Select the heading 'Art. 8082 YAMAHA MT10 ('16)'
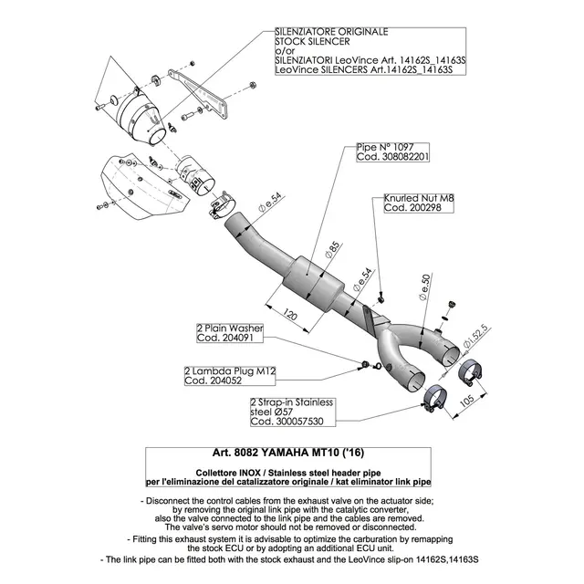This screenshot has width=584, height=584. (x=291, y=453)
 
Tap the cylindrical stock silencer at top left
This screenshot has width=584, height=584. (x=145, y=115)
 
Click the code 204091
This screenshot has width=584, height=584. (x=225, y=338)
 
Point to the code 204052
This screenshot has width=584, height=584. (x=214, y=382)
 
